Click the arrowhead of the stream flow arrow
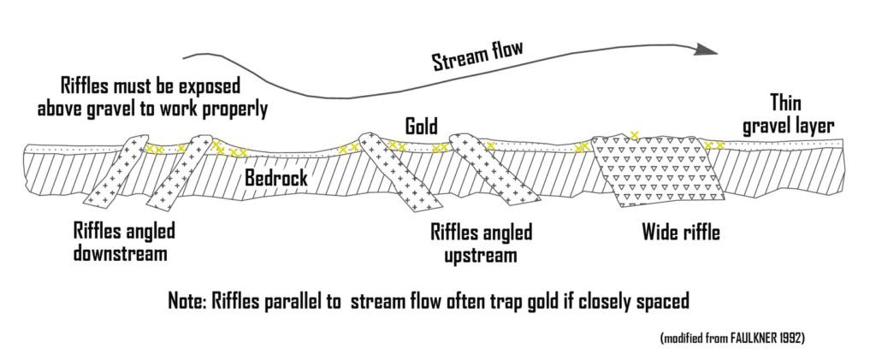(x=707, y=49)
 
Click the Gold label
(x=422, y=127)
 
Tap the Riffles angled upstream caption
(x=482, y=243)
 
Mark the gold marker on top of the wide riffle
(x=634, y=133)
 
